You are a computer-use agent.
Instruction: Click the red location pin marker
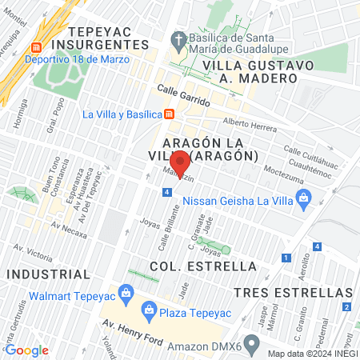(180, 163)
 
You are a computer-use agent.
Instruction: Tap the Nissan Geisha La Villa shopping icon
(303, 198)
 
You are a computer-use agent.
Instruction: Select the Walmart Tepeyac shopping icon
(126, 292)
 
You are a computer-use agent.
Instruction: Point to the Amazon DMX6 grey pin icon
(253, 346)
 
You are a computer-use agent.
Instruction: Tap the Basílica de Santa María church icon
(182, 38)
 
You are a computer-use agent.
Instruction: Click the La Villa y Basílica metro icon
(169, 114)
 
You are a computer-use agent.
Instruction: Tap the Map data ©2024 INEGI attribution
(311, 354)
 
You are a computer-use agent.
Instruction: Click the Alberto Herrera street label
(250, 125)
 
